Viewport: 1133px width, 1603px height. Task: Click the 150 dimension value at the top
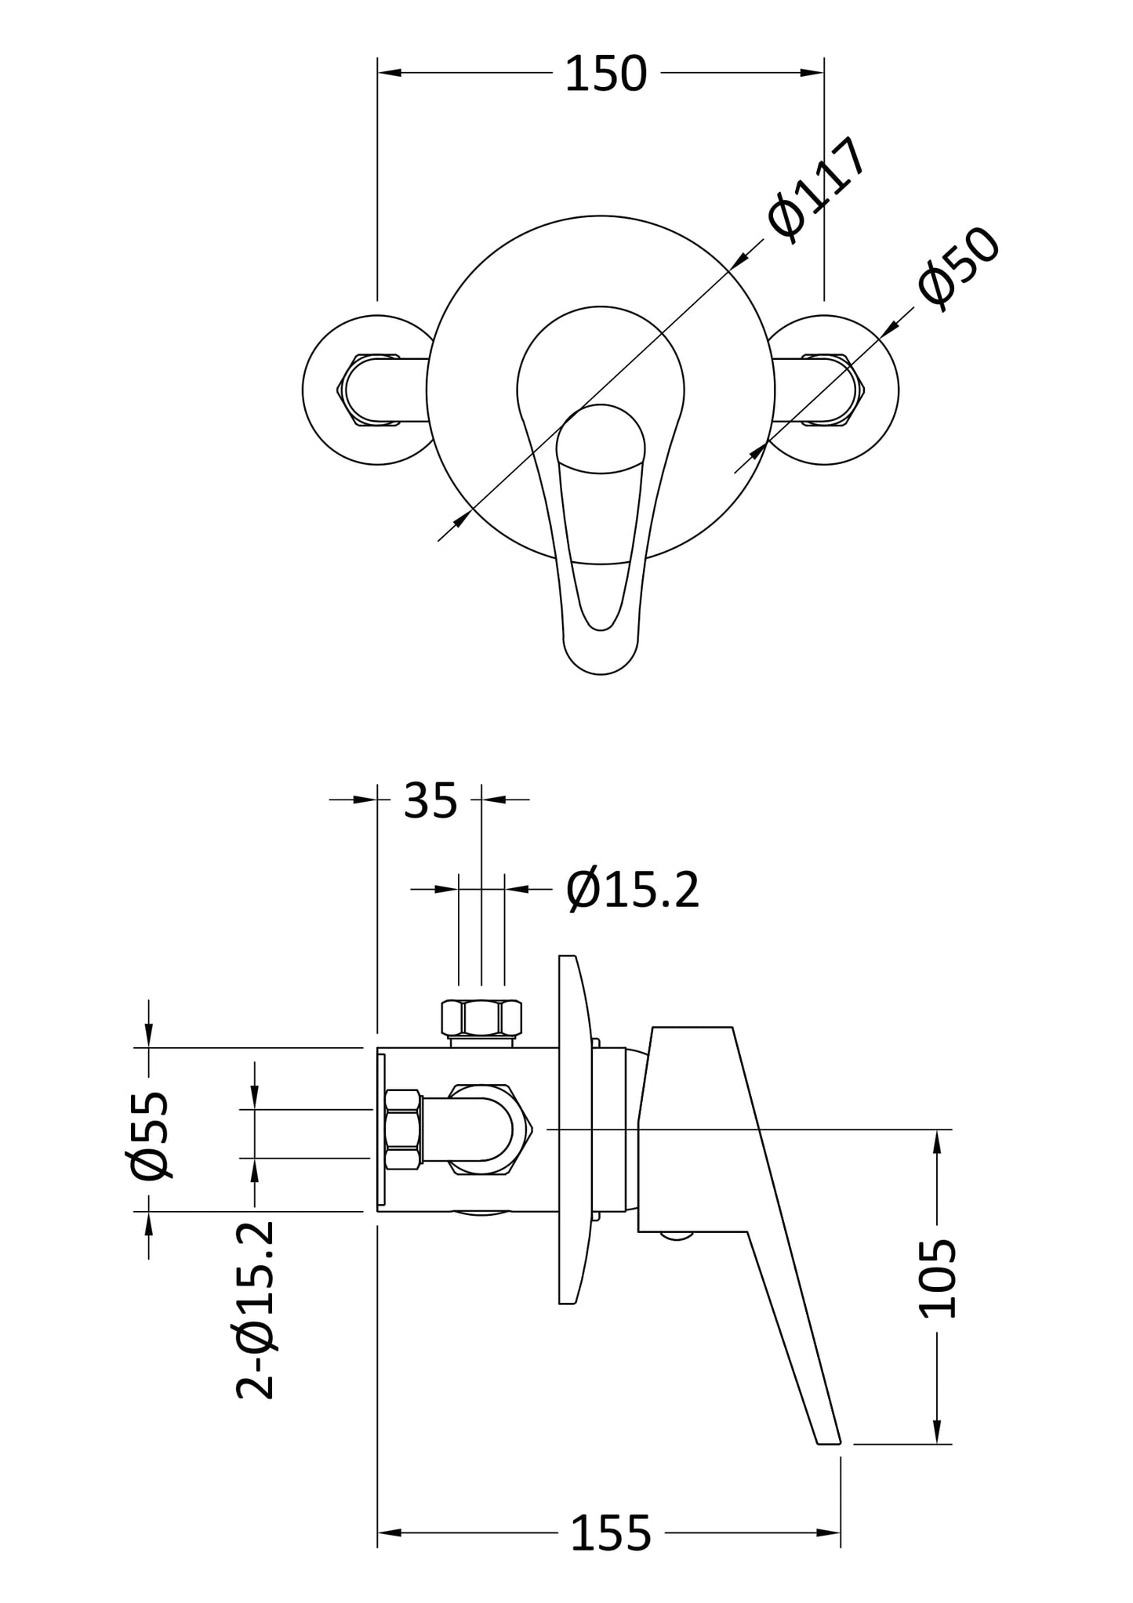[x=605, y=74]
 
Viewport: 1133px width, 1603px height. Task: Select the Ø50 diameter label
[x=958, y=269]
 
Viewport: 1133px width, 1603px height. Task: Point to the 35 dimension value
[x=430, y=801]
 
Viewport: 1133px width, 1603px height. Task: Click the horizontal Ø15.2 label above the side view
[x=632, y=890]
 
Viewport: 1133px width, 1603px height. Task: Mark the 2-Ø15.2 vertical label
[x=256, y=1309]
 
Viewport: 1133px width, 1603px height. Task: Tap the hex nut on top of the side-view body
[x=481, y=1019]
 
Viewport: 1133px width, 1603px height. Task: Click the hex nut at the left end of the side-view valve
[x=402, y=1130]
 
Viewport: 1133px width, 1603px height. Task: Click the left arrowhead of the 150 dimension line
[x=389, y=73]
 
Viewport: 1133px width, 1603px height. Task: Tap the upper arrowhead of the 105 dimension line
[x=938, y=1141]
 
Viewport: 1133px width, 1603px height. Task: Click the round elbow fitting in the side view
[x=489, y=1130]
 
